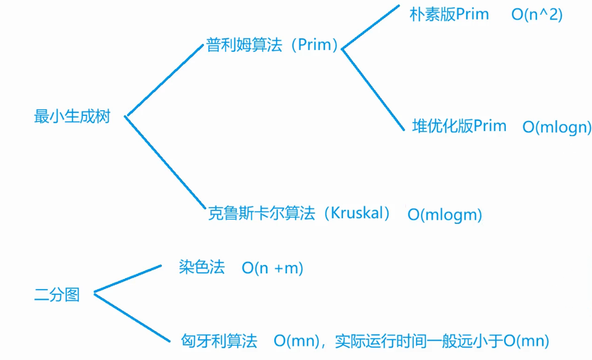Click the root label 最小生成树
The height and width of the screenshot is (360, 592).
click(x=72, y=117)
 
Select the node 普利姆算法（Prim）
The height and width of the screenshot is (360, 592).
click(x=272, y=45)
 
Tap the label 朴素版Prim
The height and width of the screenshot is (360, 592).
click(x=449, y=14)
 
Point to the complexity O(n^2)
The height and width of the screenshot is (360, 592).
click(x=537, y=15)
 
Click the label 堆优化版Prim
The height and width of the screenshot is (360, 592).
click(x=459, y=125)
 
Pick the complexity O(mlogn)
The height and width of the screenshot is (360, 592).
click(x=557, y=127)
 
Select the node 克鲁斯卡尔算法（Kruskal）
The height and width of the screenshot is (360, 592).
click(x=299, y=213)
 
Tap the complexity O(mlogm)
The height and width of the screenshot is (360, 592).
click(x=445, y=215)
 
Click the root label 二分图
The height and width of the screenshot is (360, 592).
click(x=57, y=294)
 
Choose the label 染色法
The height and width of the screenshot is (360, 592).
click(x=202, y=268)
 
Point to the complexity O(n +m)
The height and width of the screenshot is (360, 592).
click(x=273, y=268)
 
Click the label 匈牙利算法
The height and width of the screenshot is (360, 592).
click(x=219, y=340)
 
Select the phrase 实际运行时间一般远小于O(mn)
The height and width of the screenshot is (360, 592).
click(x=441, y=340)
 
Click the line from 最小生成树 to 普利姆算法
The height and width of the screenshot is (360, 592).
click(x=164, y=80)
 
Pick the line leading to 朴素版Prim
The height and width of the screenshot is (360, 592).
click(x=370, y=28)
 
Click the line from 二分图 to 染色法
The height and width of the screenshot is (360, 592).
click(x=128, y=279)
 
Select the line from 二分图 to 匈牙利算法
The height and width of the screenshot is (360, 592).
click(x=132, y=317)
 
